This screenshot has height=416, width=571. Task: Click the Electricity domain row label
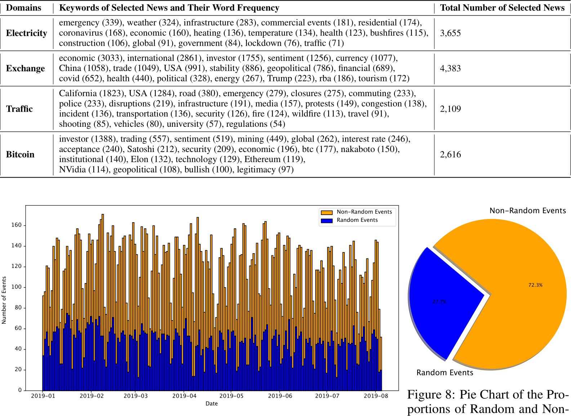[x=26, y=33]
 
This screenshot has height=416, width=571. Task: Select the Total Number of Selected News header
[x=502, y=8]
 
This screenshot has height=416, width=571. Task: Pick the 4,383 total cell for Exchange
[x=450, y=68]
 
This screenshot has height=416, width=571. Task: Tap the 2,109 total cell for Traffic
[x=450, y=109]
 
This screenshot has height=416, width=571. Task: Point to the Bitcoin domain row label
[x=20, y=155]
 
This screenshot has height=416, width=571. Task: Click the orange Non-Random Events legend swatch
[x=326, y=212]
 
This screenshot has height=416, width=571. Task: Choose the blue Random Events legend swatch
[x=326, y=220]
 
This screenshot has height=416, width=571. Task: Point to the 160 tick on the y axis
[x=17, y=225]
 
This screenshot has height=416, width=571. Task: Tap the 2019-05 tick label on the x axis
[x=231, y=396]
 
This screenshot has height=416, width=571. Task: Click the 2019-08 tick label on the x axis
[x=376, y=396]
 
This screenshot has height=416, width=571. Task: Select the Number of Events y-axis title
[x=4, y=300]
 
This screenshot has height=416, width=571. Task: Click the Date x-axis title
[x=211, y=404]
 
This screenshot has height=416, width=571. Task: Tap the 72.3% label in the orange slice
[x=535, y=285]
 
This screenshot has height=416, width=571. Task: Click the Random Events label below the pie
[x=445, y=373]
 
